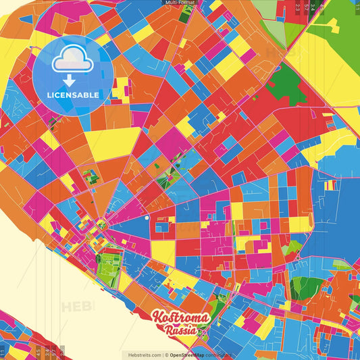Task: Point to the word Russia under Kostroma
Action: coord(181,330)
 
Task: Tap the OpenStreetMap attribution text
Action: coord(191,355)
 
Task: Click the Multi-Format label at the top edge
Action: coord(180,3)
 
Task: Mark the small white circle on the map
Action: coord(146,218)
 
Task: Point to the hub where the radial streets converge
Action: coord(102,222)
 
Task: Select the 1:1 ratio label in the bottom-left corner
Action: coord(3,351)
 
